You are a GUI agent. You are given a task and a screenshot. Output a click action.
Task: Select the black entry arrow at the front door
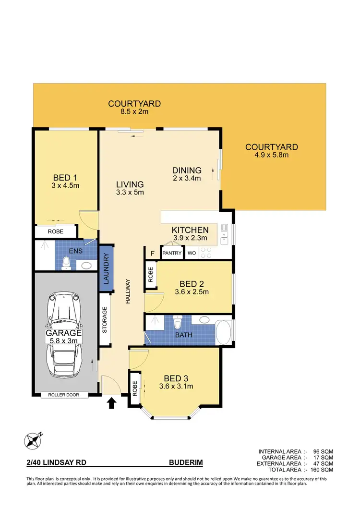(x=111, y=403)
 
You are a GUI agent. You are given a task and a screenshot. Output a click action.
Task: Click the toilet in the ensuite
(x=66, y=263)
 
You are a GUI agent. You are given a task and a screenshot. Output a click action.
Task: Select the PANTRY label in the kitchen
(x=171, y=253)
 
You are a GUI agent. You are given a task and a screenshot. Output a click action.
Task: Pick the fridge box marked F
(x=152, y=253)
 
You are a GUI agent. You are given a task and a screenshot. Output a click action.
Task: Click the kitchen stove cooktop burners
(x=206, y=252)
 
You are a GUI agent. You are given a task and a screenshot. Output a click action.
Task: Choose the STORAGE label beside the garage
(x=104, y=320)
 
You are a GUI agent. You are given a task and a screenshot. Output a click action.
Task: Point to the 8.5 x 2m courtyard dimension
(x=134, y=112)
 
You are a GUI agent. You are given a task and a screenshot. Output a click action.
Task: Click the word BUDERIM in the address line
(x=186, y=463)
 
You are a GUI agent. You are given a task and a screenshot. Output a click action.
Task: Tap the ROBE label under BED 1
(x=56, y=231)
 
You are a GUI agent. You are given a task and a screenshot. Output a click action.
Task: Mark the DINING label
(x=187, y=170)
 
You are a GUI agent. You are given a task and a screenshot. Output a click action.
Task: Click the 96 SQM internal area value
(x=323, y=451)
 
